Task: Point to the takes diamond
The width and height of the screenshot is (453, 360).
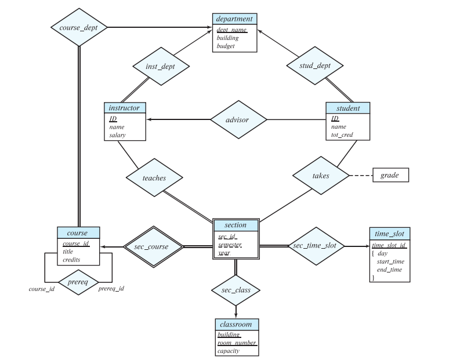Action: click(321, 174)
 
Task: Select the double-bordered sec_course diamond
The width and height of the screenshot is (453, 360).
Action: click(153, 247)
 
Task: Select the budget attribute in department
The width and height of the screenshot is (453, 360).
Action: click(226, 46)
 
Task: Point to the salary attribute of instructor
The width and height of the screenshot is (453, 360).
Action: click(117, 135)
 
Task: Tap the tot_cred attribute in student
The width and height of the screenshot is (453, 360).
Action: click(342, 135)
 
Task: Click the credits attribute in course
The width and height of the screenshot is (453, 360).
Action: click(73, 260)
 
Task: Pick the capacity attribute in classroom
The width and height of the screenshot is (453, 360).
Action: click(229, 351)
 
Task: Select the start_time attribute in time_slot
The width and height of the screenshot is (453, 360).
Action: click(390, 262)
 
